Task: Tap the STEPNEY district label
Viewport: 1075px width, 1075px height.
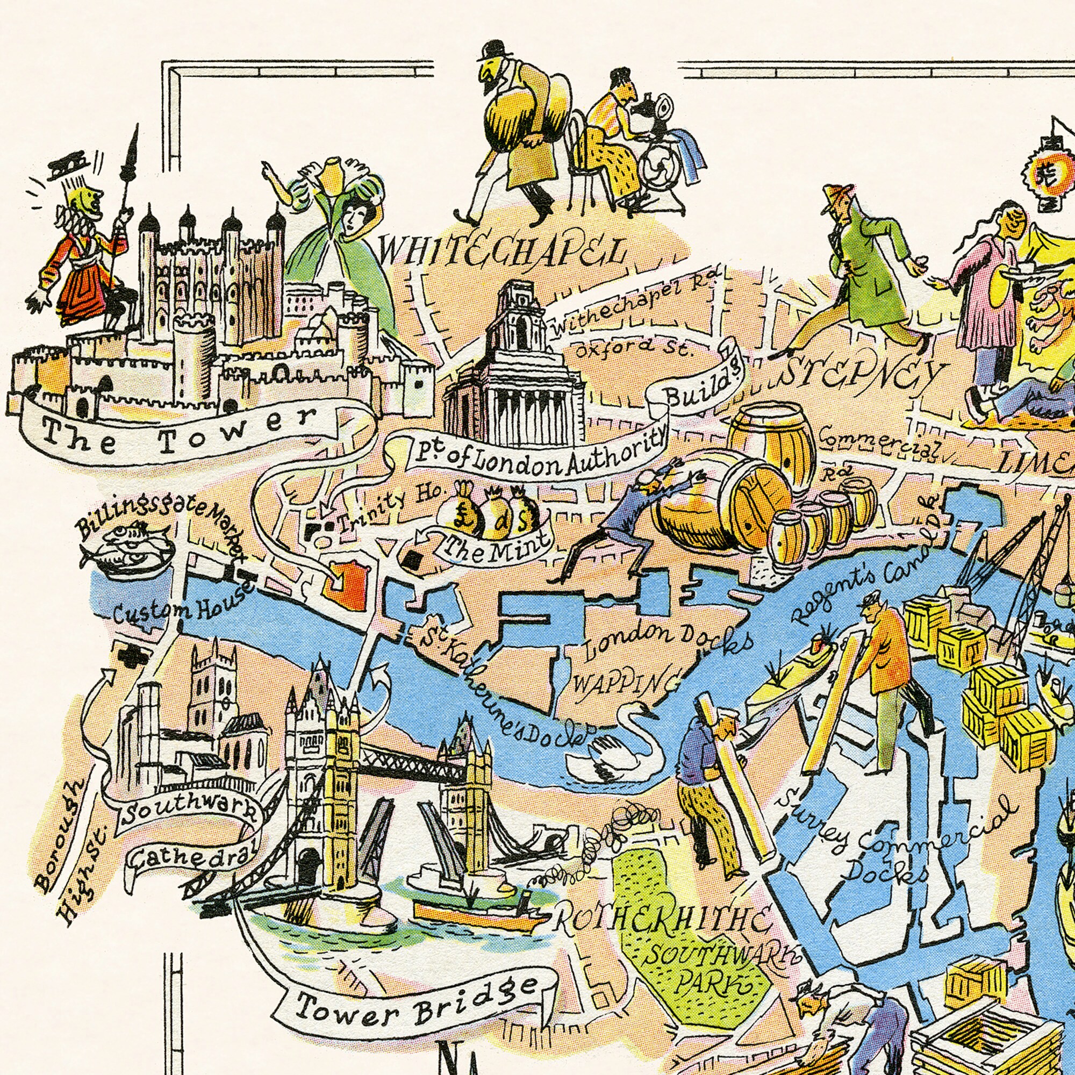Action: [859, 378]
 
